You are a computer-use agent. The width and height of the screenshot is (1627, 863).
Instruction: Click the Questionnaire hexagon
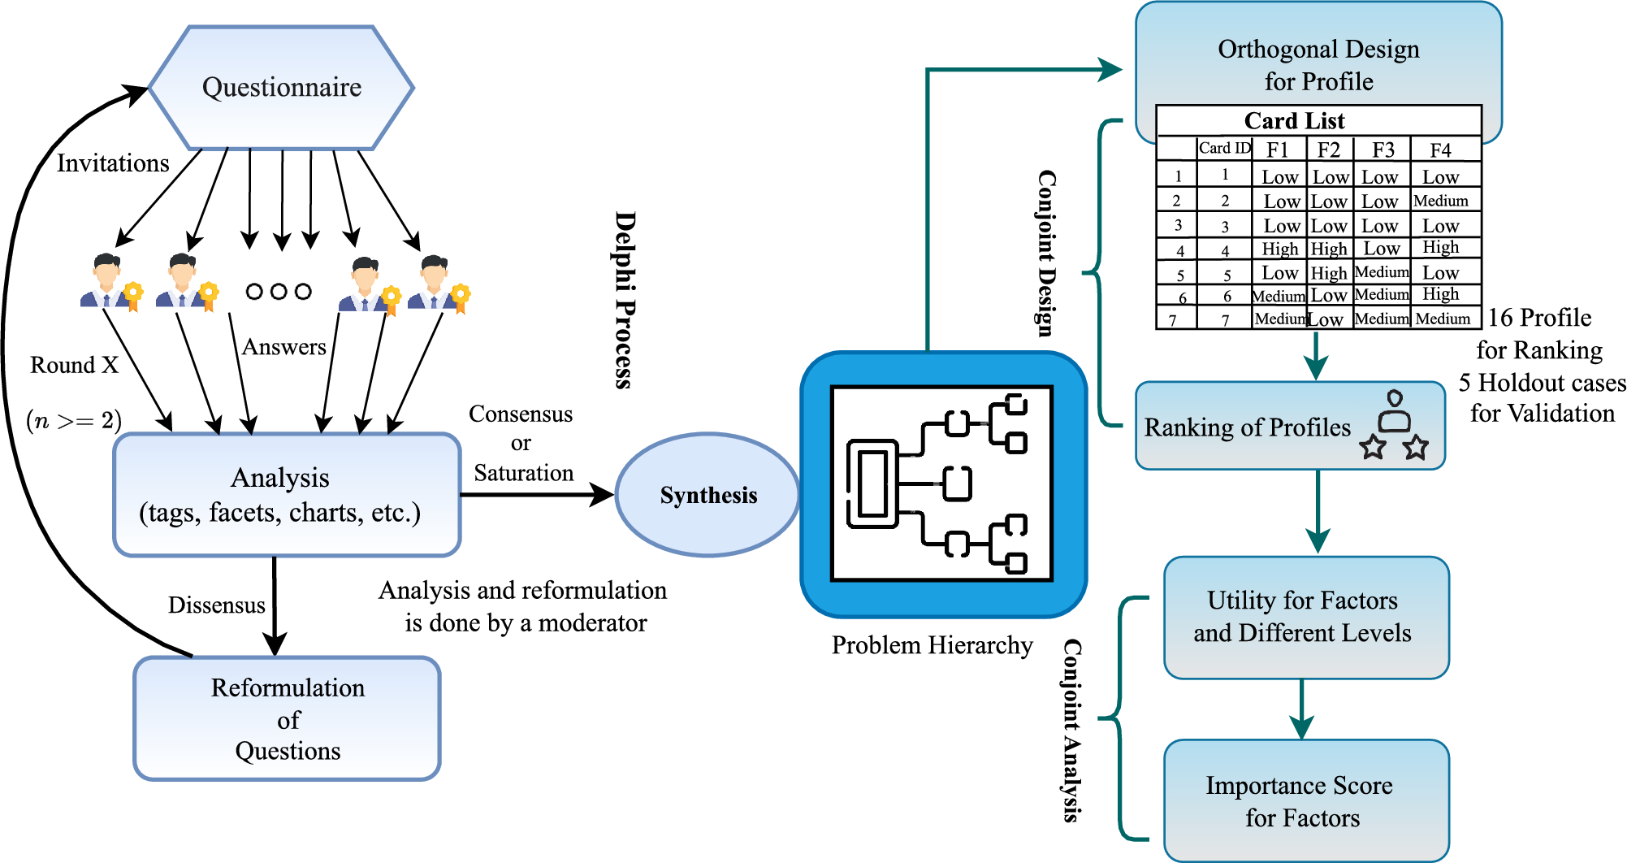pos(282,88)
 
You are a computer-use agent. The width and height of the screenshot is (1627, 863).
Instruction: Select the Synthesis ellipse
pos(707,495)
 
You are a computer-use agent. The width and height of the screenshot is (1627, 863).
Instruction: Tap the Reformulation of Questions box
pos(288,718)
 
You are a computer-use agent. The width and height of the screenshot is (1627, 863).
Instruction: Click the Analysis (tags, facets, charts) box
pos(287,495)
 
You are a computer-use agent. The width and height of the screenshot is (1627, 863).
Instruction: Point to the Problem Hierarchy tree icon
pos(942,484)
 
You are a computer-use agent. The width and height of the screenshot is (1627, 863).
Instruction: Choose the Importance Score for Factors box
pos(1305,800)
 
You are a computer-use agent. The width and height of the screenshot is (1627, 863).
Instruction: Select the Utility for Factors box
pos(1305,617)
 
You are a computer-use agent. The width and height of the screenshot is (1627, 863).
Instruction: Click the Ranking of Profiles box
pos(1289,427)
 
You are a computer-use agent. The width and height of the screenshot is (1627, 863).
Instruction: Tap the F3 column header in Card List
pos(1383,150)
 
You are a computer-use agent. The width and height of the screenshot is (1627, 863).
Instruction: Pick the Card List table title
pos(1294,121)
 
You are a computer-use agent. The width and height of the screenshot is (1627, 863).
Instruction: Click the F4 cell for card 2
pos(1441,201)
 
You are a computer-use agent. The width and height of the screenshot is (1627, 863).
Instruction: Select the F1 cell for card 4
pos(1280,249)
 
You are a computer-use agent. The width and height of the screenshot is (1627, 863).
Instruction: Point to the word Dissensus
pos(216,605)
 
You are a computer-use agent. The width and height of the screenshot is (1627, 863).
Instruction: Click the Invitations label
pos(113,163)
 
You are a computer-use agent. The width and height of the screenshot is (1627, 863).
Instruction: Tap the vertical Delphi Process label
pos(624,300)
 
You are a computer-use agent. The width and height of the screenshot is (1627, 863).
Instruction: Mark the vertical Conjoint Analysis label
pos(1073,730)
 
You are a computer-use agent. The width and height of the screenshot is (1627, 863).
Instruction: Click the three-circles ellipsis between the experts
pos(279,291)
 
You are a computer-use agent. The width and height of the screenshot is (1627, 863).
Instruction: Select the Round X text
pos(74,365)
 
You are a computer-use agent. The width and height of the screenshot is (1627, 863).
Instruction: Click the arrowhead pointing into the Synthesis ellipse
pos(603,494)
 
